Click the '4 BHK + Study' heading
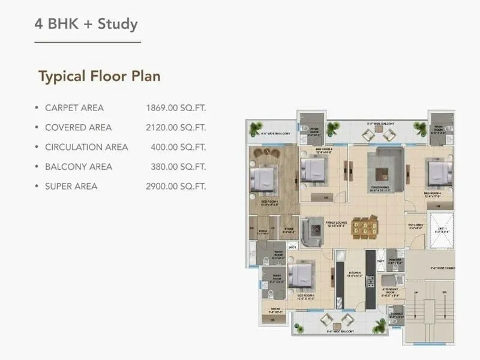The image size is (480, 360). point(86,25)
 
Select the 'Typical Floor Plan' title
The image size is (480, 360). point(99,77)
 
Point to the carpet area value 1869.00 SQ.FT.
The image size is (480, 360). point(176,108)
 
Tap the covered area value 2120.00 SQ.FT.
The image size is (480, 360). point(176,128)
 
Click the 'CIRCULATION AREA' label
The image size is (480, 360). point(86,147)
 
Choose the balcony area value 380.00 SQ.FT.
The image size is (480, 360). point(178,167)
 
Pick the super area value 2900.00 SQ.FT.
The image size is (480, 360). point(176,187)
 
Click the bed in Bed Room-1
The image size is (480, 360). point(263,178)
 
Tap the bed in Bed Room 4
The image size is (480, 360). point(436,173)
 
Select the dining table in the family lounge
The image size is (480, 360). point(365,228)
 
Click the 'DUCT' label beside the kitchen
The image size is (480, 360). point(380,262)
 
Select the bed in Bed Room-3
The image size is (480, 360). point(301,275)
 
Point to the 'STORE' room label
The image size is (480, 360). point(289,229)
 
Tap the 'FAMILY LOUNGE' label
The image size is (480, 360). point(335,223)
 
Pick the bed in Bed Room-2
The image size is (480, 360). point(313,172)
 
